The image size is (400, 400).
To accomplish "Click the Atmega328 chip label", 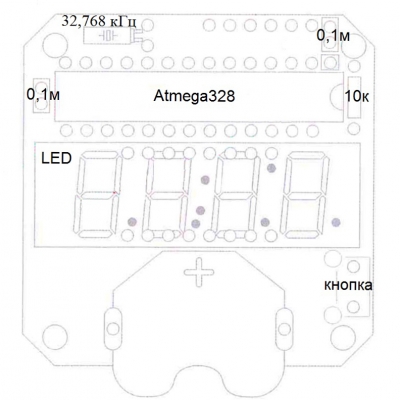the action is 194,96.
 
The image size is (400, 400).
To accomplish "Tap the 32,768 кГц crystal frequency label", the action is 99,22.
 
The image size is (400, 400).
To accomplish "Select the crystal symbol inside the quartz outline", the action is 108,35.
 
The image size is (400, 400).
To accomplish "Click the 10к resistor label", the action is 357,96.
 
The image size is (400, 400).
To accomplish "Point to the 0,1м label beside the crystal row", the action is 333,36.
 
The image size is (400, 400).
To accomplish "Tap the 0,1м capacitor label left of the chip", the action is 43,95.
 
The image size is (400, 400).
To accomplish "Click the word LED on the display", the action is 56,158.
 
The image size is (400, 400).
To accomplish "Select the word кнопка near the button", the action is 348,286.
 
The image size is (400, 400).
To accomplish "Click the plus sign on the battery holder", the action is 199,272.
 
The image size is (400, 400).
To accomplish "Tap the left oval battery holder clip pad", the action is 113,328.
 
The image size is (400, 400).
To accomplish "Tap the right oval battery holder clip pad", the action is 285,328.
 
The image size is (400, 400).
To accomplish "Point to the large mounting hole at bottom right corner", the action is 343,337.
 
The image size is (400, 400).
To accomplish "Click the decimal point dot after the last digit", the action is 336,222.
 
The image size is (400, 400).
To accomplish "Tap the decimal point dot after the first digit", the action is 132,221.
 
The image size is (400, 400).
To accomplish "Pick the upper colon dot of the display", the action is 205,180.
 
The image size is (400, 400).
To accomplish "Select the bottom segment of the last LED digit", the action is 301,234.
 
